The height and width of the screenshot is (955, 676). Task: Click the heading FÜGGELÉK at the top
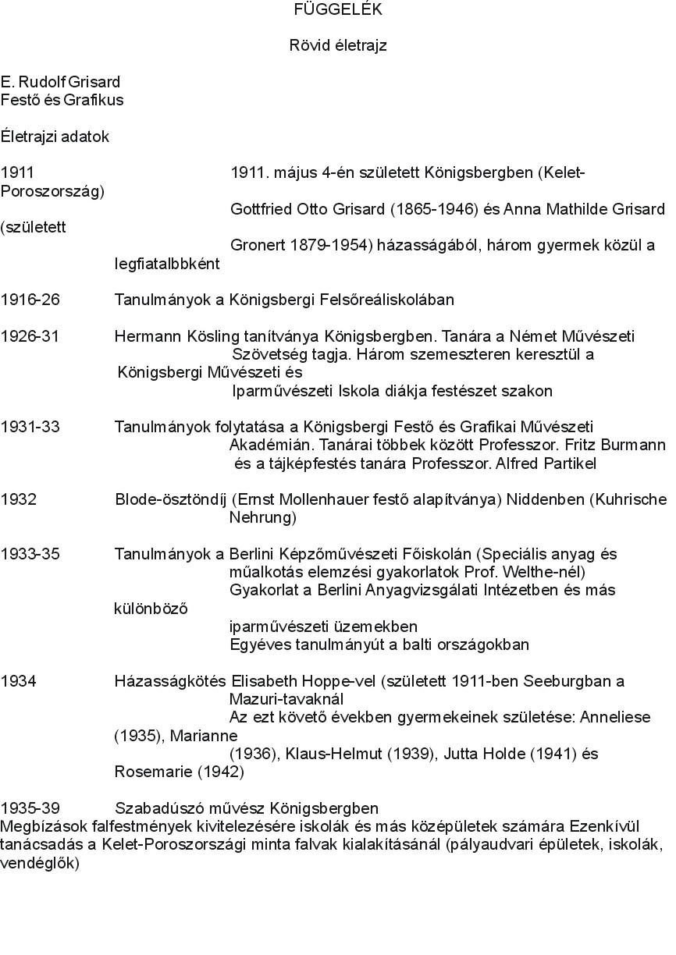pos(338,10)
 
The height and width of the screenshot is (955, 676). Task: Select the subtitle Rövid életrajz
pos(338,46)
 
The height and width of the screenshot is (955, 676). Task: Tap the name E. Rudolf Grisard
pos(61,82)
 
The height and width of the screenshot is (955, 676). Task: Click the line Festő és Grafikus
pos(62,100)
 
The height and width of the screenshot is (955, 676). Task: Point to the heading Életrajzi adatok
pos(55,137)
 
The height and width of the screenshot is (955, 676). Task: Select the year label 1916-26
pos(30,300)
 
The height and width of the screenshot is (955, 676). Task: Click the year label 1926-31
pos(30,336)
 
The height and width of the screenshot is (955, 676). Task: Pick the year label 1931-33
pos(30,427)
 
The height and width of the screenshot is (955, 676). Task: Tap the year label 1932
pos(19,499)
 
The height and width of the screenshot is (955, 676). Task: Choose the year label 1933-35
pos(30,554)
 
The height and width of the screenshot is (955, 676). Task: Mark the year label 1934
pos(19,681)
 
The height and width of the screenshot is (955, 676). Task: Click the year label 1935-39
pos(30,808)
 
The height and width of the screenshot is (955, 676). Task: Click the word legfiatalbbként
pos(167,264)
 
